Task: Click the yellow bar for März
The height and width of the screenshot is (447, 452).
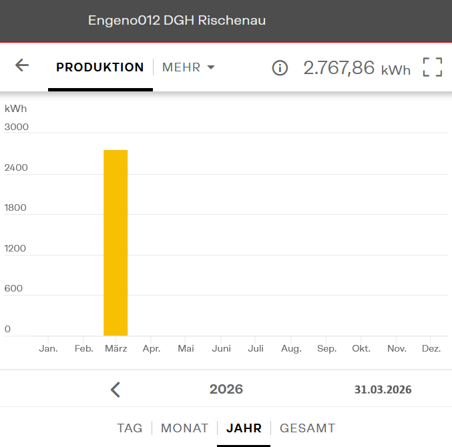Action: pos(116,243)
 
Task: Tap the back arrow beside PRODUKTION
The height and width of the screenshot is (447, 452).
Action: pos(22,65)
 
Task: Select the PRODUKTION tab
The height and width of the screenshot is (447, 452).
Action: pos(100,67)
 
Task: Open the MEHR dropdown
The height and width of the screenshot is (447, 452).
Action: pos(188,67)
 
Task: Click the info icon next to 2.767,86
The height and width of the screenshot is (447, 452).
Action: pos(280,67)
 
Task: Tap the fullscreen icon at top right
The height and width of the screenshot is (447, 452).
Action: pos(433,67)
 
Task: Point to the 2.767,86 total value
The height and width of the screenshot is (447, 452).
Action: pos(339,67)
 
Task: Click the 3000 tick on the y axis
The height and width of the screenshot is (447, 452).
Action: pos(17,127)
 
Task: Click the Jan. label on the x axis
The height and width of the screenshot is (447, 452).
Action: pos(48,348)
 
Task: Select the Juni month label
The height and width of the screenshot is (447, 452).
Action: pos(221,348)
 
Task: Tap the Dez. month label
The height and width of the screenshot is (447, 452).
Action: pos(431,348)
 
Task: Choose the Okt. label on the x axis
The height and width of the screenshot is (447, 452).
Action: pos(361,348)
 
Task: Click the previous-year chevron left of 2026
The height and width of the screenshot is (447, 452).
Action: pos(116,390)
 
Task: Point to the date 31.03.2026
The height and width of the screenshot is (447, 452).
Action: pos(383,390)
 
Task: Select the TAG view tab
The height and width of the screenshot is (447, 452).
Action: pos(130,428)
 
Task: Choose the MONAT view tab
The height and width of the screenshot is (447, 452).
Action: pos(185,428)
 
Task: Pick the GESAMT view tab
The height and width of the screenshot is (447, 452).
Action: pos(307,428)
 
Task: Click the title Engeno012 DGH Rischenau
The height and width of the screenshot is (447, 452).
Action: pos(177,21)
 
